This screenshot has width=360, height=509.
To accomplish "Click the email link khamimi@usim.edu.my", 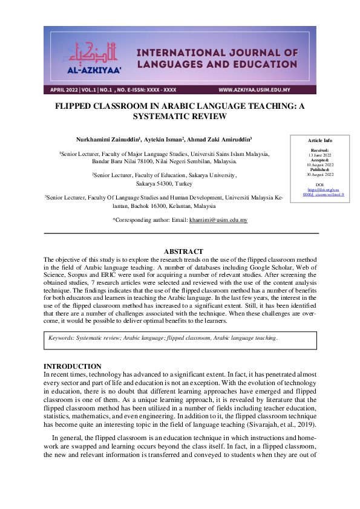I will (x=218, y=221).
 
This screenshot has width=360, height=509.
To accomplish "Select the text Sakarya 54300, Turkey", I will (x=164, y=183).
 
